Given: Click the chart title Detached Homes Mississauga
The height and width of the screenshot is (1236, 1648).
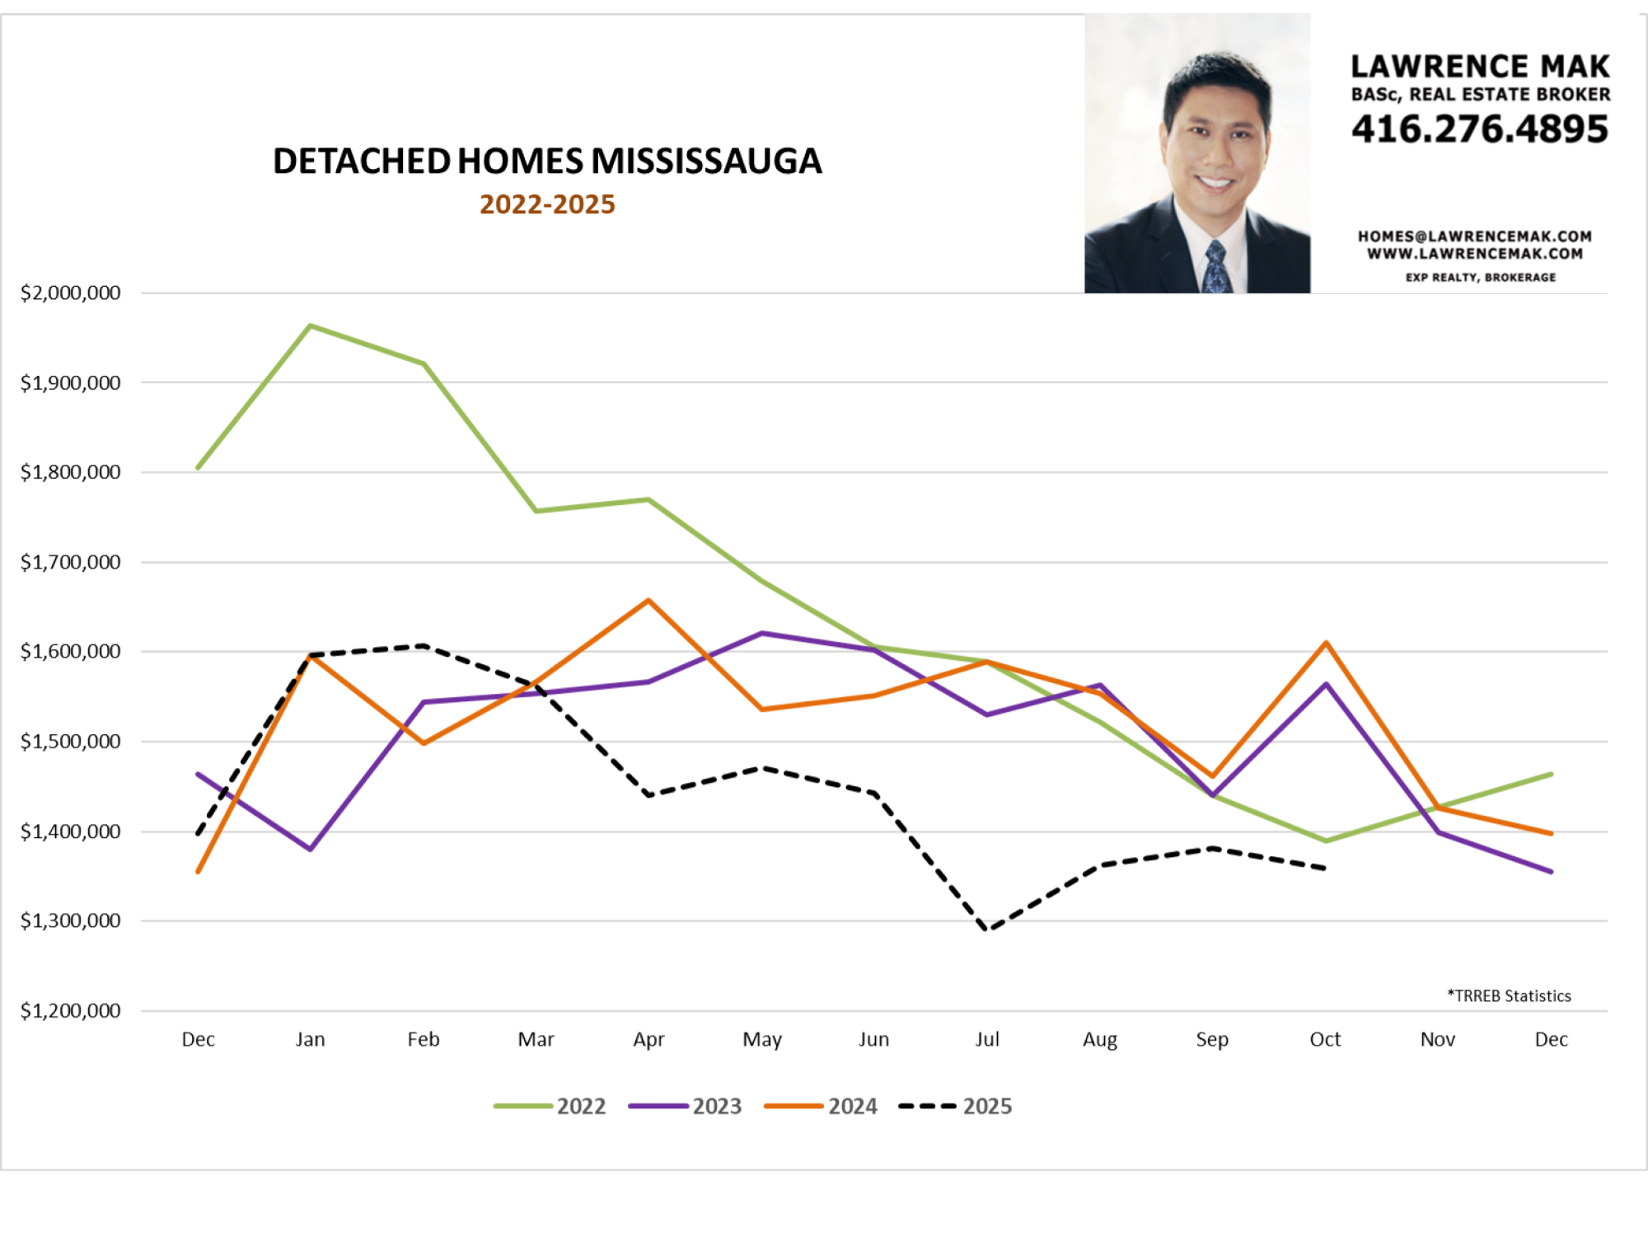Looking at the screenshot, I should click(547, 162).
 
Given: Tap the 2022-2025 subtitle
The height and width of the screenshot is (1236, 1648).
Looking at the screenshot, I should click(547, 204).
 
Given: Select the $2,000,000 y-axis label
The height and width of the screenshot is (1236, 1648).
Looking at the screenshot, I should click(70, 293).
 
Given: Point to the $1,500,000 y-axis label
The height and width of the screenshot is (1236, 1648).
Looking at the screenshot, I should click(70, 742).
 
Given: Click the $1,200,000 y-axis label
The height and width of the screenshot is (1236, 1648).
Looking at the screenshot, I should click(70, 1010).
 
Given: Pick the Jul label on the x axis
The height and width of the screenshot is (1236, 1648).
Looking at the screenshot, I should click(987, 1039).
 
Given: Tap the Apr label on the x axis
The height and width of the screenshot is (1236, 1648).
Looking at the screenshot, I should click(648, 1039).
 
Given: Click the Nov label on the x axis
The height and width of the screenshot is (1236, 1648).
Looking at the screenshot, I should click(1438, 1039).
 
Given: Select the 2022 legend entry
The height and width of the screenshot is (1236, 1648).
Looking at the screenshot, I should click(550, 1106).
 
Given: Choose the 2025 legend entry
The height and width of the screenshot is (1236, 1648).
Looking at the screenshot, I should click(956, 1106).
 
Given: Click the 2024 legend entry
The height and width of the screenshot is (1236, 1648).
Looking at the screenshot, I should click(822, 1106).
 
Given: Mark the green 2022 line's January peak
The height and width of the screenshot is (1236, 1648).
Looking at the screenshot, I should click(311, 325).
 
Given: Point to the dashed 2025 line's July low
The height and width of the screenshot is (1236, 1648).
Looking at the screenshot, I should click(987, 929).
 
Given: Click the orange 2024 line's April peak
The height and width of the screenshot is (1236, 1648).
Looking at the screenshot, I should click(648, 600).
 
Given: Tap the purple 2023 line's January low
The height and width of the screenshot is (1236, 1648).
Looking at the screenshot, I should click(311, 849).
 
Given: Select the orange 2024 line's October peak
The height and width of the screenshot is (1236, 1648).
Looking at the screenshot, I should click(1326, 643).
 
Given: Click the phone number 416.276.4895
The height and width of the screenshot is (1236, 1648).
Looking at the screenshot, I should click(1480, 129).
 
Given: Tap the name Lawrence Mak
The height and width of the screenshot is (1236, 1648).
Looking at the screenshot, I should click(1480, 67).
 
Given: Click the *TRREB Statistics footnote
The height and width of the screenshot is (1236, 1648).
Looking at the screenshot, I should click(1510, 995).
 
